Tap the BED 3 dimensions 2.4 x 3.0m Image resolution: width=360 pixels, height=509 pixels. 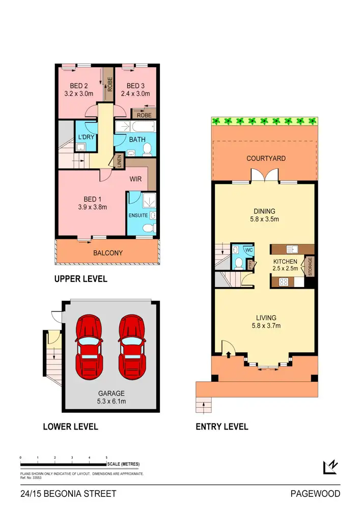[x=135, y=94]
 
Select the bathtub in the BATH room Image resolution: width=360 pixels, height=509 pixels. [x=134, y=127]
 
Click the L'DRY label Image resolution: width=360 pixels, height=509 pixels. [x=85, y=137]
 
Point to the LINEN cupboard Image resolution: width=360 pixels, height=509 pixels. [x=119, y=160]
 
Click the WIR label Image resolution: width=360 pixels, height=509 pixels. [x=136, y=179]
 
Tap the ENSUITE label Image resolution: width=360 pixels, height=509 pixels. [x=139, y=215]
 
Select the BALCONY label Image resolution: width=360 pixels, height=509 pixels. [x=107, y=252]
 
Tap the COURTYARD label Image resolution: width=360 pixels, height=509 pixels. [x=266, y=158]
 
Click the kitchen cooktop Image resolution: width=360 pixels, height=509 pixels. [x=284, y=281]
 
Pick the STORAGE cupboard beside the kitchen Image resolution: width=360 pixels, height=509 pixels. [x=310, y=266]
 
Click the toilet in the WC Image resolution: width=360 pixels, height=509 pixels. [x=238, y=263]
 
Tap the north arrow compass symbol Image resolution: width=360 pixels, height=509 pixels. [x=331, y=467]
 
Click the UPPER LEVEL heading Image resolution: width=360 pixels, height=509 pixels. [x=80, y=279]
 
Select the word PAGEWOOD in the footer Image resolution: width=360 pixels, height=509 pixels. [x=315, y=494]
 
